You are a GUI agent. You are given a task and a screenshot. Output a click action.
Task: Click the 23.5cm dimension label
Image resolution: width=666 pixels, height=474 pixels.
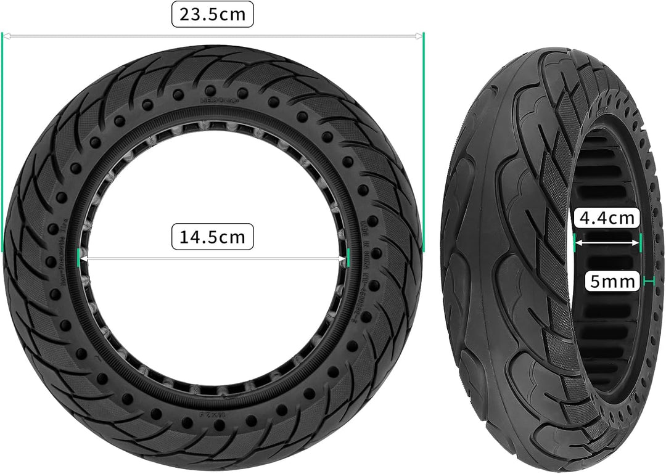(x=212, y=15)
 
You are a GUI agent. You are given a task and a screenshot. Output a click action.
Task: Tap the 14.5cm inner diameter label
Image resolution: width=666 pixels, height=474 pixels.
(x=212, y=237)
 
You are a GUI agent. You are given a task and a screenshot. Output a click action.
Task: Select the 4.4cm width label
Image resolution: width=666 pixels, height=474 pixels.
(x=607, y=218)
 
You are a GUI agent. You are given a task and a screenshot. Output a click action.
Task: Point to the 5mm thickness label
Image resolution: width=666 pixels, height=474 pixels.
(x=612, y=282)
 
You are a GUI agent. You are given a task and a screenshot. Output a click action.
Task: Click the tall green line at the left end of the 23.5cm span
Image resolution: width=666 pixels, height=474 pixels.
(x=2, y=142)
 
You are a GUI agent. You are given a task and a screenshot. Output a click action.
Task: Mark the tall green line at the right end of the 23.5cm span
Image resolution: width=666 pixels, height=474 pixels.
(x=424, y=142)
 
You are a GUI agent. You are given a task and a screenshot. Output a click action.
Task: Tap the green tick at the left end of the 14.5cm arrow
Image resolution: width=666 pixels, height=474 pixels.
(x=78, y=258)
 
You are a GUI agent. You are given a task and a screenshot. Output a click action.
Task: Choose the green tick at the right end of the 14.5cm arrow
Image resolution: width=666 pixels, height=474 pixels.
(x=348, y=258)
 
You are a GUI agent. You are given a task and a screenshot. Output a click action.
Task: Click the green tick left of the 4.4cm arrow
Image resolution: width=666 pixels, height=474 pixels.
(x=574, y=242)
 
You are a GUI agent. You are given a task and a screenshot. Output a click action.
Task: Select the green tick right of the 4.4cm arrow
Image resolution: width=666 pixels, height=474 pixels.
(x=641, y=242)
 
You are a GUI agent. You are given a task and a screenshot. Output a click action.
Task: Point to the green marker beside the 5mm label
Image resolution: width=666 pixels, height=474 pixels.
(x=647, y=282)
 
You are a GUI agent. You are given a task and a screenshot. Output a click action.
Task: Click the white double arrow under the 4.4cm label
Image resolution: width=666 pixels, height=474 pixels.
(x=607, y=243)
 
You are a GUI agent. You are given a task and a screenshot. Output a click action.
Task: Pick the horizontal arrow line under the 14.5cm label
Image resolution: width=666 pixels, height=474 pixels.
(x=212, y=258)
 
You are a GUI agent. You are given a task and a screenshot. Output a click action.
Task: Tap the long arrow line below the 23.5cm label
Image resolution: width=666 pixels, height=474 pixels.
(x=212, y=36)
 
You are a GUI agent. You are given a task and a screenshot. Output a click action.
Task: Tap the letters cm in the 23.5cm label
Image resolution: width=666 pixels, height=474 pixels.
(x=233, y=15)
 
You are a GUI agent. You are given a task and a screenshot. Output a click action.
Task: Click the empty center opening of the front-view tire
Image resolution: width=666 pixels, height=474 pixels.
(x=212, y=185)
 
